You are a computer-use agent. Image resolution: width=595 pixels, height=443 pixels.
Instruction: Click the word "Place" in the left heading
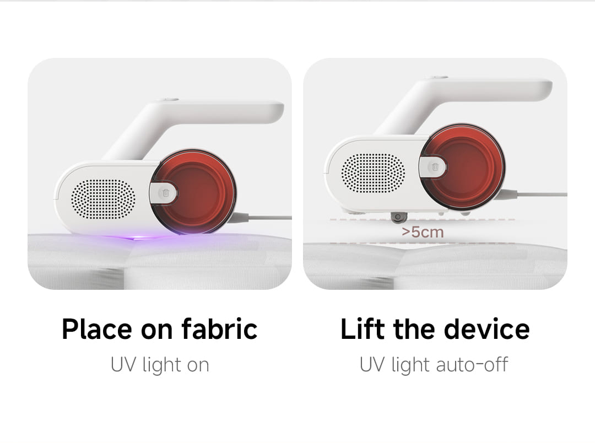[96, 329]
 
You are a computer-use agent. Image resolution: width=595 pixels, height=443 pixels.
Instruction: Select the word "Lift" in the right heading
[361, 329]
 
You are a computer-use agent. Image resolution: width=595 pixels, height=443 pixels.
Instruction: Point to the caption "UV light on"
[160, 365]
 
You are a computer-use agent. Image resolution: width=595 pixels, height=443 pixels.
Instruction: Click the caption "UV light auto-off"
[434, 365]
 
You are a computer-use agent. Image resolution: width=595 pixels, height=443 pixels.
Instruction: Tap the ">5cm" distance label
[423, 232]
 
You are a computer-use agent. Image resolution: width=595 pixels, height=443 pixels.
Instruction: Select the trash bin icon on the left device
[165, 193]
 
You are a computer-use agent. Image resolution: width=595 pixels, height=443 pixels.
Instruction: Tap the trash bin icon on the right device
[435, 166]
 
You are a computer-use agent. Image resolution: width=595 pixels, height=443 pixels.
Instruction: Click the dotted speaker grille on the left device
[104, 199]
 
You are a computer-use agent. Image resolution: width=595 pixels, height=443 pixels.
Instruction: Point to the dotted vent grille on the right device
[373, 173]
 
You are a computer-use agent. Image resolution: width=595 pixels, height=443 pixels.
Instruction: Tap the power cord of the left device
[264, 218]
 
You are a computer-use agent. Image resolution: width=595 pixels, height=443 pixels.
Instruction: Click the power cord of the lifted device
[540, 194]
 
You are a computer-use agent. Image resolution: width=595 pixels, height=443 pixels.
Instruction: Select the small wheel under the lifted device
[397, 217]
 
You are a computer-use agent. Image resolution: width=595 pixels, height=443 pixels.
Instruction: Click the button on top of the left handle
[167, 100]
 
